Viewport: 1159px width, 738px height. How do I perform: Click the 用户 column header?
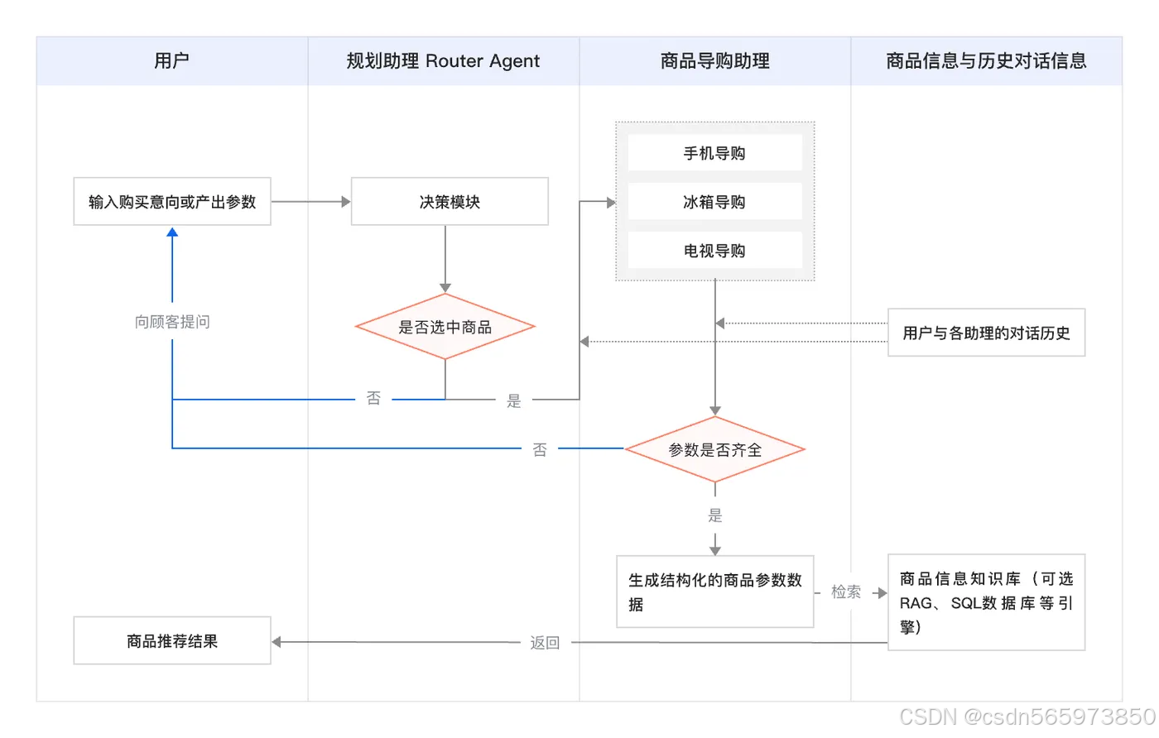pos(172,60)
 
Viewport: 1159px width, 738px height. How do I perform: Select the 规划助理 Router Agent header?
pos(443,60)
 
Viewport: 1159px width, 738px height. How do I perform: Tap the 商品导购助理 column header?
pos(714,60)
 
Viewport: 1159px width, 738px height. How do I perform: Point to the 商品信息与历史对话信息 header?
pos(986,60)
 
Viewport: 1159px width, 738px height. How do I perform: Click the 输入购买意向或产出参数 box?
pos(172,202)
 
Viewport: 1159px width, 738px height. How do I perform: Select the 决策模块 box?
pos(450,202)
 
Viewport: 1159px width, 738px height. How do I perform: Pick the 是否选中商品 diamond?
pos(445,327)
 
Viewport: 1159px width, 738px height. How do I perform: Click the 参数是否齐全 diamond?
pos(715,449)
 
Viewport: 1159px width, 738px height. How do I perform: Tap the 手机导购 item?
pos(714,153)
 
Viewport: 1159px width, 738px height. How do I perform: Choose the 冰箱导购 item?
pos(714,202)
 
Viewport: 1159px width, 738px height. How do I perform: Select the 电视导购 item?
pos(714,251)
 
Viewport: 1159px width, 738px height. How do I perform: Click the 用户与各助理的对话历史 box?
pos(986,333)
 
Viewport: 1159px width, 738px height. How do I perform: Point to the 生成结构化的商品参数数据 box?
pos(715,592)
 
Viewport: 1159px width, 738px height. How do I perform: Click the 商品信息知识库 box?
pos(986,602)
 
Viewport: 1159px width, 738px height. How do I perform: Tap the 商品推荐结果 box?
pos(172,640)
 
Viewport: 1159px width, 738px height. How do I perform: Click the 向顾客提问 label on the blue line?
pos(172,322)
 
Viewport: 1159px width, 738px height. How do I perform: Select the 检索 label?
pos(846,592)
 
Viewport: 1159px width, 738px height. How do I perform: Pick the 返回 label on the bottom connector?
pos(545,642)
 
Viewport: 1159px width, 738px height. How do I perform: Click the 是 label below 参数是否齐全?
pos(715,515)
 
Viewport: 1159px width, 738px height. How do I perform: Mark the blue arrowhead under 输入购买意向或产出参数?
pos(172,233)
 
